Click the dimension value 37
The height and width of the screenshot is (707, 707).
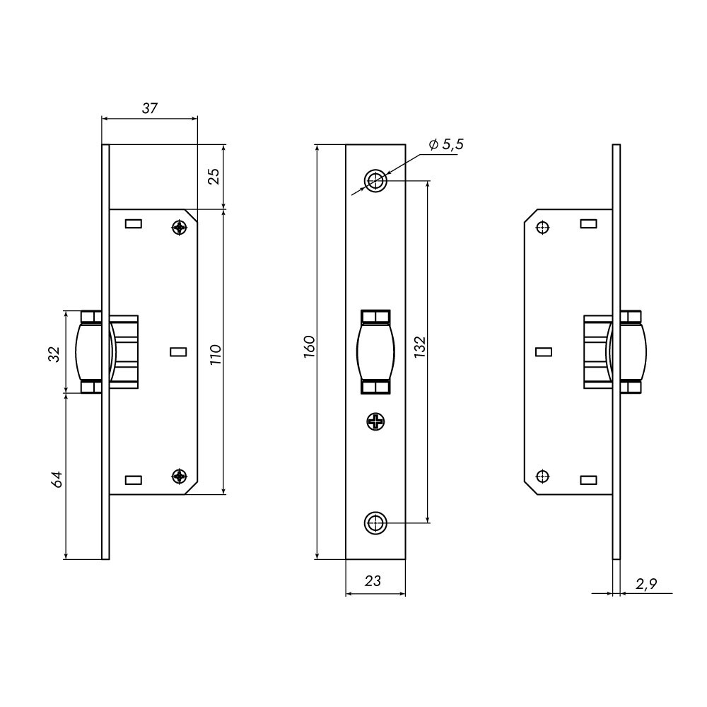(150, 108)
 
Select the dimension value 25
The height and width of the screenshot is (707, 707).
(215, 176)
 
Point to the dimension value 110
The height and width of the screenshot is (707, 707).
(216, 354)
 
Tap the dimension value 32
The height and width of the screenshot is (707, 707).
(54, 354)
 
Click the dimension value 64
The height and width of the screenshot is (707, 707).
(56, 479)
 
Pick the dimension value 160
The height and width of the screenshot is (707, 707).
(310, 346)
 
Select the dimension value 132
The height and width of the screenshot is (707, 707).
(420, 346)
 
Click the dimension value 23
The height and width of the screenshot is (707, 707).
(373, 580)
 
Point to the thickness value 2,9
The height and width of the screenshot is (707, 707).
(646, 584)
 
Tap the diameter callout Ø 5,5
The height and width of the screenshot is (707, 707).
(446, 144)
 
